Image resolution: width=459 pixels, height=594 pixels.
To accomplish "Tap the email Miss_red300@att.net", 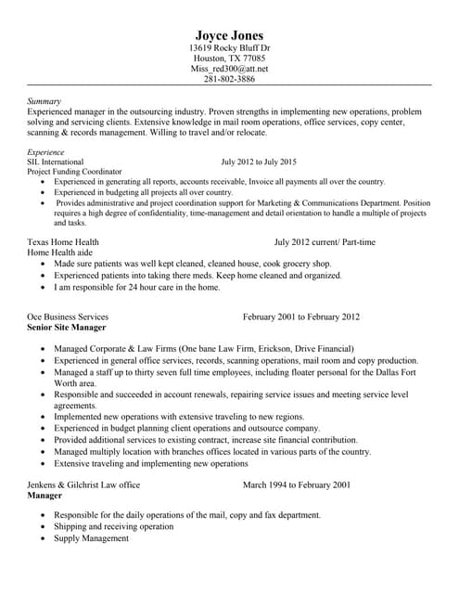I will coord(229,69).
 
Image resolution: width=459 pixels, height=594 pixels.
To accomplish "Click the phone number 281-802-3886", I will coord(229,80).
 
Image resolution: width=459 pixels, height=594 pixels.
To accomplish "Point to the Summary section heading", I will coord(45,100).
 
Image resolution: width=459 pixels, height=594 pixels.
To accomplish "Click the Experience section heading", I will coord(46,151).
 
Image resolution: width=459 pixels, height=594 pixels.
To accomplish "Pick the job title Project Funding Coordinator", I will coord(75,172).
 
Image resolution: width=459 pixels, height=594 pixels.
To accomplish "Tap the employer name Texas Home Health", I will coord(63,242).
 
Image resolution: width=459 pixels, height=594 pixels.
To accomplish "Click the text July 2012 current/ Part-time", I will coord(324,242).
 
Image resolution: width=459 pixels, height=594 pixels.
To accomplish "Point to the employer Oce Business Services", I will coord(68,316).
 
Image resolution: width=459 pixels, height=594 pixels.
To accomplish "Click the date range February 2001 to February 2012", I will coord(300,316).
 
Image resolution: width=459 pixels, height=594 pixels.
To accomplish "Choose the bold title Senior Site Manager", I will coord(67,328).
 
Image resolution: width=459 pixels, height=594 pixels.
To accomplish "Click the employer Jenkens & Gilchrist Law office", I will coord(84,484).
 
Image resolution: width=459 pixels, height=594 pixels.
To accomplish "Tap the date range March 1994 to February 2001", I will coord(296,484).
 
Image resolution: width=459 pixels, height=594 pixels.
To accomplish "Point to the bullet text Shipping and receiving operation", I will coord(113,525).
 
